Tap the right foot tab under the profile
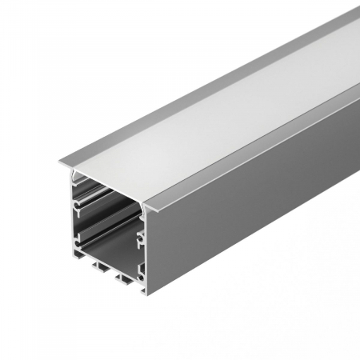[124, 282]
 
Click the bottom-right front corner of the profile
[144, 292]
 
